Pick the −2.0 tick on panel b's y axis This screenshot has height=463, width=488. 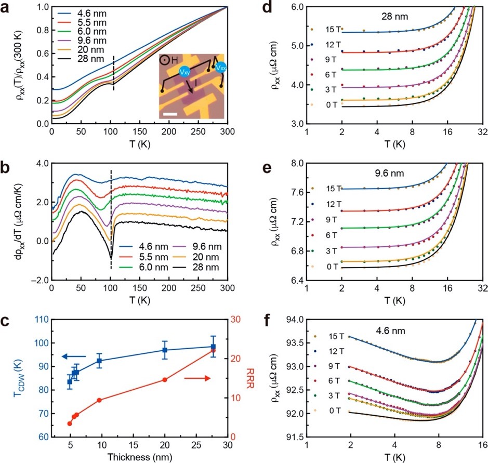tap(37, 281)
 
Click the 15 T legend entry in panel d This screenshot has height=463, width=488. tap(327, 30)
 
